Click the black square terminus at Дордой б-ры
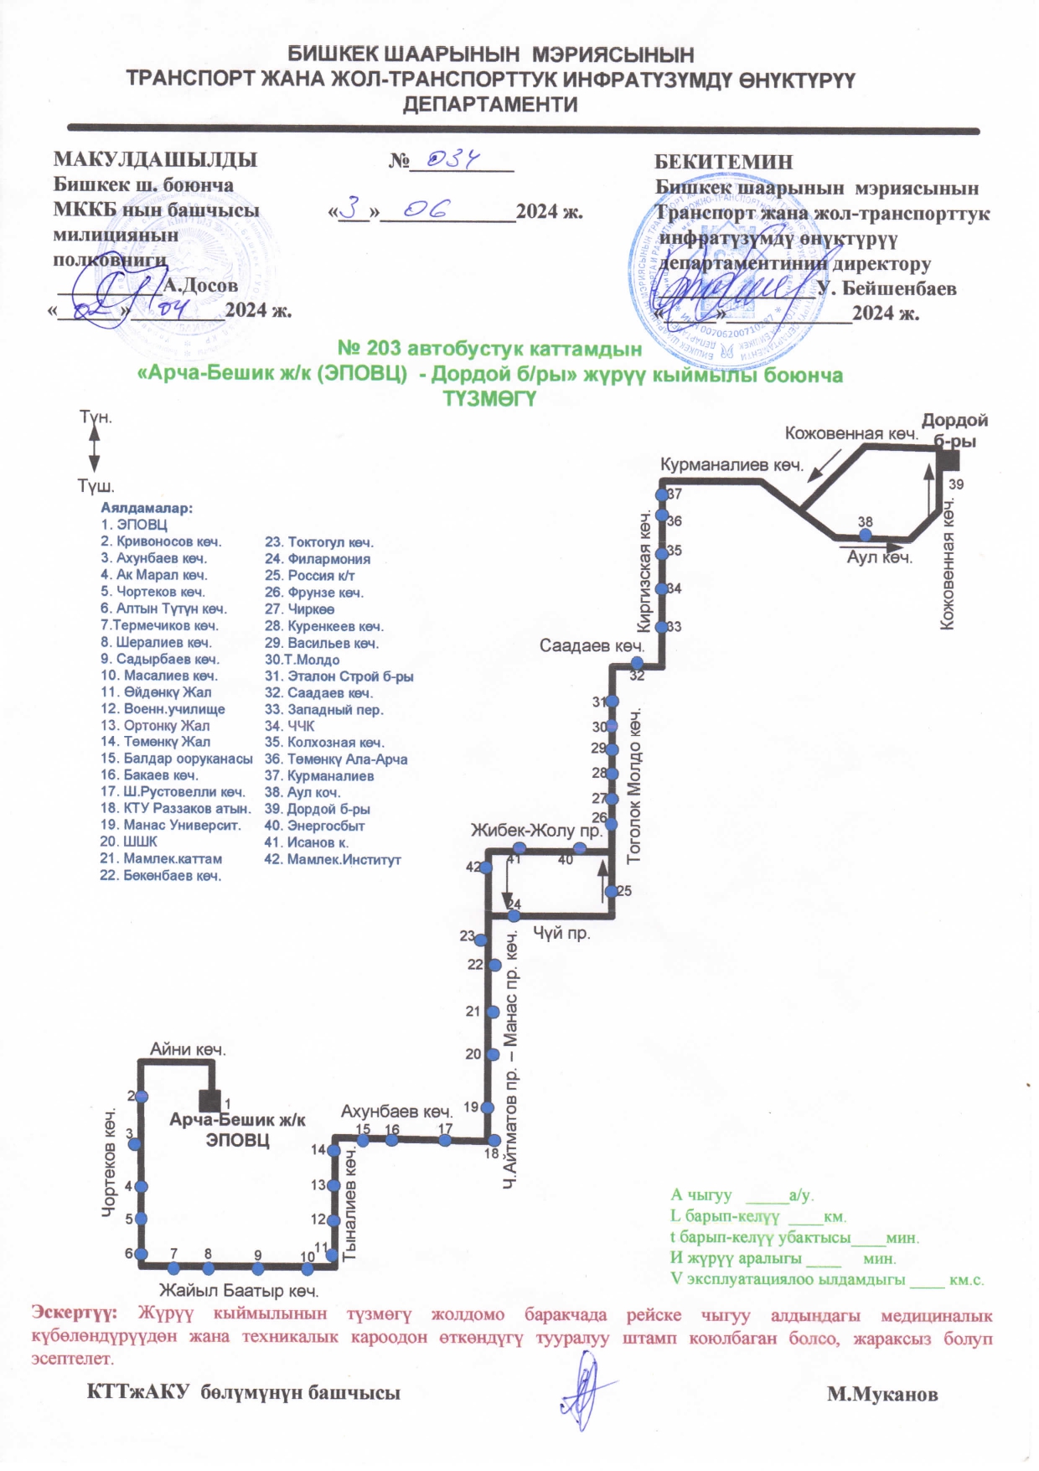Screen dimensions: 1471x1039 (x=948, y=459)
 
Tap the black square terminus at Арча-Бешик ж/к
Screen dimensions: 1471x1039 (x=209, y=1100)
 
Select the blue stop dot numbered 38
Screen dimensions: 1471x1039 (x=866, y=534)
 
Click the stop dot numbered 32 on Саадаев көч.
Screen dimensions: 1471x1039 (x=637, y=664)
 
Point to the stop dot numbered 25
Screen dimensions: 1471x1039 (x=612, y=891)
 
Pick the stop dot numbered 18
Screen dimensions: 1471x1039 (x=494, y=1140)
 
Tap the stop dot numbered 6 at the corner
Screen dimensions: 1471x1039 (x=141, y=1254)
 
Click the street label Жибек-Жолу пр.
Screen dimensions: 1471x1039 (x=536, y=831)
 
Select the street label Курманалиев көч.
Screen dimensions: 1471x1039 (x=731, y=465)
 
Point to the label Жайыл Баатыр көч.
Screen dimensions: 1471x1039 (x=239, y=1291)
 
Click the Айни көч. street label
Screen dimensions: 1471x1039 (x=188, y=1049)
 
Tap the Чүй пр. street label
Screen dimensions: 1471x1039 (x=561, y=933)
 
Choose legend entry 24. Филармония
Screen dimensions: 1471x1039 (x=317, y=559)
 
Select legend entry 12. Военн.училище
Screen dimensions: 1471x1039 (x=163, y=709)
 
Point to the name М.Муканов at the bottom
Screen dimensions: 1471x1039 (x=882, y=1395)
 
